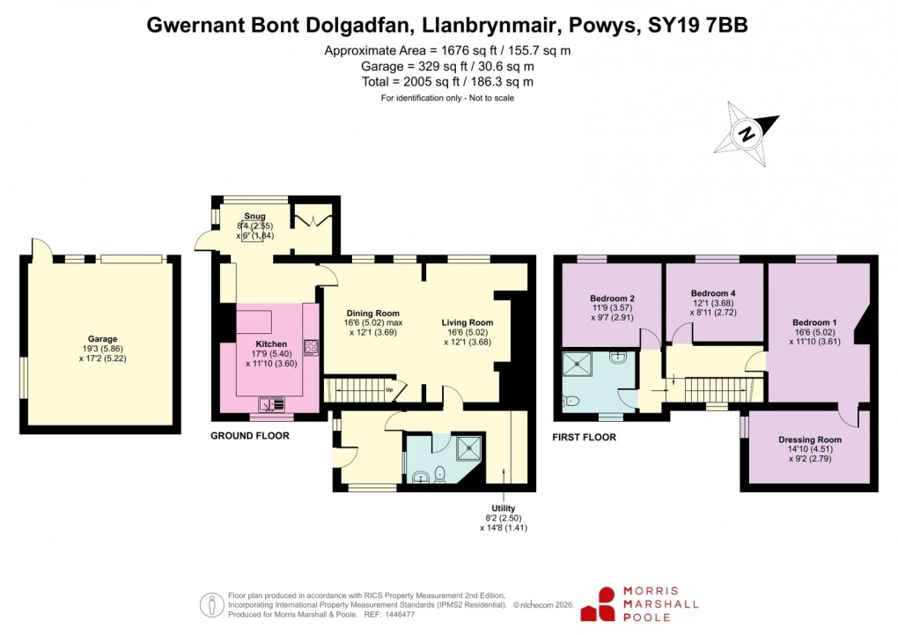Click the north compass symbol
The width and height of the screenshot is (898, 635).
749,134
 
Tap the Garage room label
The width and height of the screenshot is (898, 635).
102,339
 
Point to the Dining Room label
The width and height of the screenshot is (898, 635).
372,313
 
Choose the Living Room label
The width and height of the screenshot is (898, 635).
467,322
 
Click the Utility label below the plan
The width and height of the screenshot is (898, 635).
504,508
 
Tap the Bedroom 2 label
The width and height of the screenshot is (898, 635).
613,298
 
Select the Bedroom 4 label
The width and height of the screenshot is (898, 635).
713,293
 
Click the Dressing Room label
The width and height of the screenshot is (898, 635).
809,439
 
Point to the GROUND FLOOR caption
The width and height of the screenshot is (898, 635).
249,436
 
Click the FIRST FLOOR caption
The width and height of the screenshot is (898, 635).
584,437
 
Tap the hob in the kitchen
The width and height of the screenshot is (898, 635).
310,347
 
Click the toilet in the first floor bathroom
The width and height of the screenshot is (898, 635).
573,401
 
